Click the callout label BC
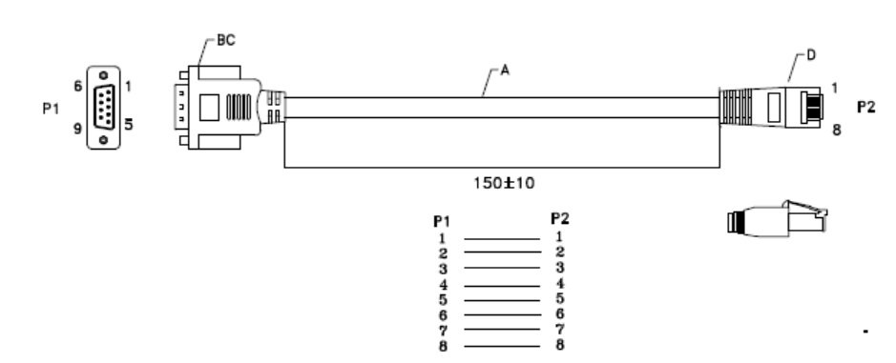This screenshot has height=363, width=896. pos(226,41)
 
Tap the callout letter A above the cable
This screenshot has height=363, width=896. pos(505,71)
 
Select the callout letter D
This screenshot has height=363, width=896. pos(811,55)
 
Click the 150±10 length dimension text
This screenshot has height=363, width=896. pos(504,183)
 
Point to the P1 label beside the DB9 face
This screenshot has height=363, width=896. pos(51,108)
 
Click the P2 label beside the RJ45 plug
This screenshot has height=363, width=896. pos(866,107)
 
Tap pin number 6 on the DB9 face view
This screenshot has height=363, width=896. pos(77,86)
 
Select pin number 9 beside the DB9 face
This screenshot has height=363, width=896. pos(77,129)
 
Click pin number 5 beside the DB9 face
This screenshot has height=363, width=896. pos(129,123)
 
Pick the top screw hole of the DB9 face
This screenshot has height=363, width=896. pos(103,74)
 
